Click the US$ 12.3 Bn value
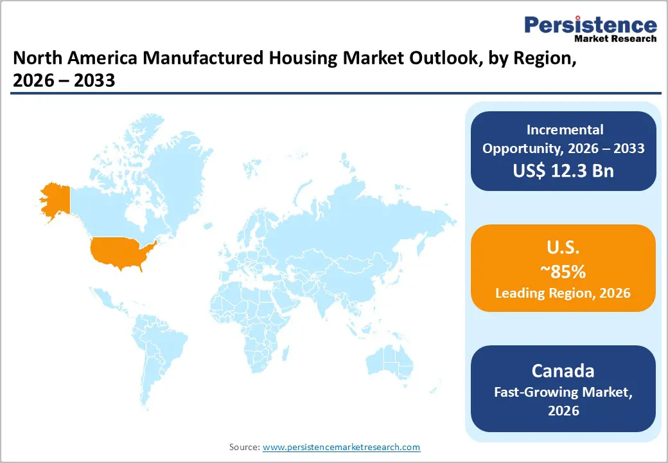click(x=563, y=171)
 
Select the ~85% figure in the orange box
click(x=563, y=271)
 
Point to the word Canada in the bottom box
click(x=563, y=371)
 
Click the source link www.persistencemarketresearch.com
click(x=342, y=447)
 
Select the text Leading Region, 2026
click(x=563, y=293)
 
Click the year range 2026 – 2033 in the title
click(x=64, y=81)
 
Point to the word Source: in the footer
click(x=245, y=447)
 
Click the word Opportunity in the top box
click(x=518, y=148)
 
